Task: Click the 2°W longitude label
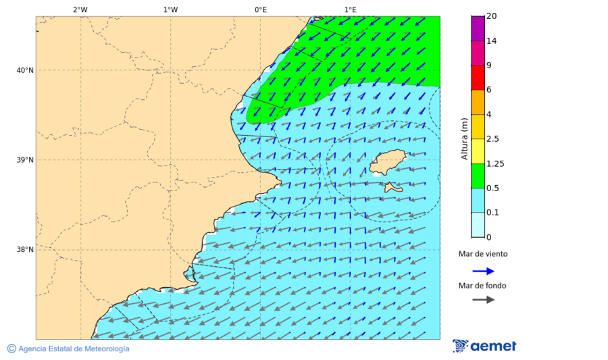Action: click(80, 9)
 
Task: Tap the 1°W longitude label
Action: click(170, 9)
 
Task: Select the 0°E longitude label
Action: click(260, 9)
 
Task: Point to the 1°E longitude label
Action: click(350, 9)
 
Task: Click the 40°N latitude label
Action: click(24, 70)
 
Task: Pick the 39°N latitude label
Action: click(24, 160)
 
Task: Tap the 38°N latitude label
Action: click(24, 250)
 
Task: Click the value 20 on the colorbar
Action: click(491, 16)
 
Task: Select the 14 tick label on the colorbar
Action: click(491, 41)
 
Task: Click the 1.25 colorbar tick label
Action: click(496, 163)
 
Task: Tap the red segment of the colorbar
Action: click(478, 78)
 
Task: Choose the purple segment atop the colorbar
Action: click(478, 28)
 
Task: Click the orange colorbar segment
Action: click(478, 102)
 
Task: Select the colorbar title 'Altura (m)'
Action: click(464, 138)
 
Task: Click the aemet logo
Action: click(484, 346)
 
